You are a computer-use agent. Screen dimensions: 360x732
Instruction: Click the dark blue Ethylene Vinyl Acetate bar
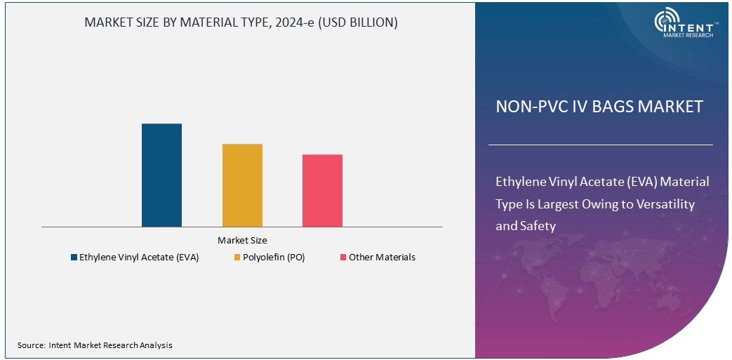tap(161, 175)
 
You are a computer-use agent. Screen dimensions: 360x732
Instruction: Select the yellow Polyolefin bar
tap(242, 185)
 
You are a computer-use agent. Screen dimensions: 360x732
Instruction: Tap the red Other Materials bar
tap(322, 190)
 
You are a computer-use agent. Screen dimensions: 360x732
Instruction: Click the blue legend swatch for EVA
tap(74, 258)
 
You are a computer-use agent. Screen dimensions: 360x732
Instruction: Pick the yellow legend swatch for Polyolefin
tap(237, 258)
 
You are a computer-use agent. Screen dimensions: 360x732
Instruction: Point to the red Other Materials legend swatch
tap(342, 258)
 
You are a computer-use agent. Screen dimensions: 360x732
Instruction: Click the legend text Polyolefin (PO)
tap(274, 258)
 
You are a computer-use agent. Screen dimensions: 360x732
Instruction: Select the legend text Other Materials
tap(382, 258)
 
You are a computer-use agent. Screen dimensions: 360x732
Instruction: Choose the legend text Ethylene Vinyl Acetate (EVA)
tap(139, 258)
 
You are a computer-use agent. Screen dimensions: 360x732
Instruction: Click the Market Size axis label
tap(241, 240)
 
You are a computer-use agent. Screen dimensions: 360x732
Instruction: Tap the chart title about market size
tap(241, 22)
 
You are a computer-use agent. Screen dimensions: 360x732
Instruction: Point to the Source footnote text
tap(95, 345)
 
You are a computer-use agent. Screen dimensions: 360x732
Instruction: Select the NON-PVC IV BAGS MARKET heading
tap(599, 107)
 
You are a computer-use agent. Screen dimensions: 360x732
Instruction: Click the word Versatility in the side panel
tap(660, 204)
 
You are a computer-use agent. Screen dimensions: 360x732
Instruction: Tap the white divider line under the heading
tap(600, 145)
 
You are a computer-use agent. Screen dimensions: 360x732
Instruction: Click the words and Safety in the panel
tap(526, 226)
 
